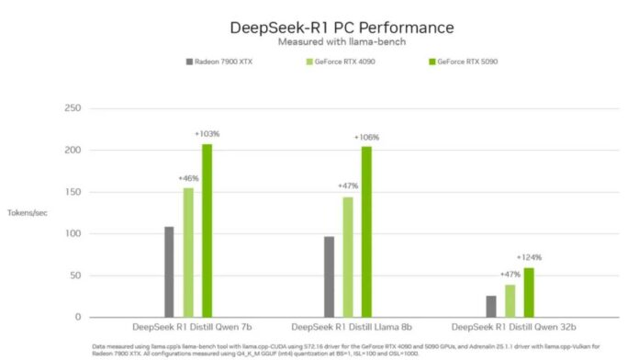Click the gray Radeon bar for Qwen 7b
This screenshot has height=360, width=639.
(x=169, y=272)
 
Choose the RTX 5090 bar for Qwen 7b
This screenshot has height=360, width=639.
(x=207, y=231)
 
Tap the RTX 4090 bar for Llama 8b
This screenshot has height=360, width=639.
(x=348, y=257)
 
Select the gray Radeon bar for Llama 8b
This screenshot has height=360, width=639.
(x=329, y=276)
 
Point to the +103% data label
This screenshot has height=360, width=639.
(x=207, y=134)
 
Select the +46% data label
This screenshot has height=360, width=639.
(x=188, y=178)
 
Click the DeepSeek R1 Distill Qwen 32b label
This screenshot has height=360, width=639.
(x=509, y=327)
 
